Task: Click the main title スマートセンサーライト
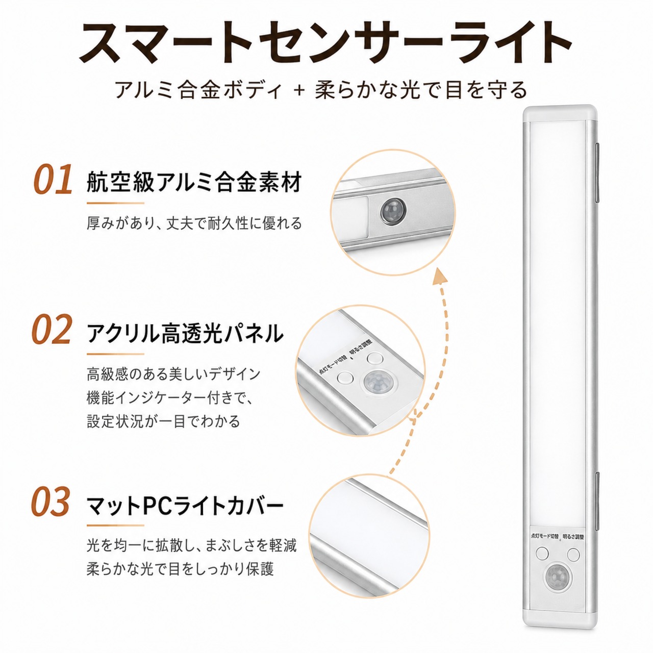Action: click(x=325, y=44)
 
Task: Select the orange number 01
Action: click(x=53, y=179)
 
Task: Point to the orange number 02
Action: click(x=52, y=329)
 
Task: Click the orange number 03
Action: click(x=51, y=502)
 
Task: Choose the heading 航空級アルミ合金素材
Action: click(x=194, y=182)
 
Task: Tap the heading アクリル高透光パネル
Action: click(x=185, y=334)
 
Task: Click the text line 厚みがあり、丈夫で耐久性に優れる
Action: click(x=194, y=223)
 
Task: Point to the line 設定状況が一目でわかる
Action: click(x=163, y=421)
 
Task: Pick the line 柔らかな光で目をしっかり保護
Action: click(x=180, y=569)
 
